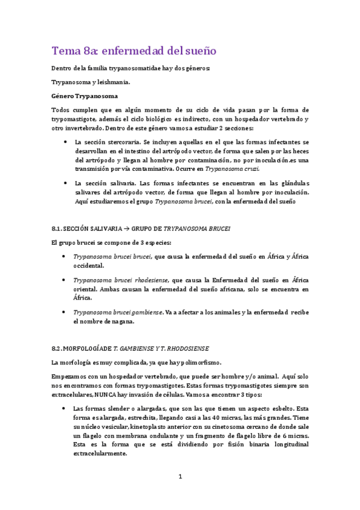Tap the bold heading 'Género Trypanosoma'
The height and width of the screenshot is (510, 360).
tap(84, 96)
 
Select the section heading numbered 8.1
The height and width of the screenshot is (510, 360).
tap(141, 229)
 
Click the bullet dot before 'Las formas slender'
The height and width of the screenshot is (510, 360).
tap(65, 408)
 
